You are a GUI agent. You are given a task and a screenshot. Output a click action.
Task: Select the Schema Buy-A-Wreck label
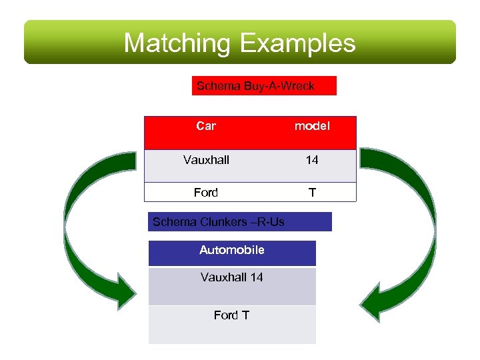[264, 86]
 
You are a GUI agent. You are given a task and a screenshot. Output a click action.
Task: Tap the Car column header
[206, 126]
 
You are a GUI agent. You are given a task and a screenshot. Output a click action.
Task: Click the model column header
[312, 126]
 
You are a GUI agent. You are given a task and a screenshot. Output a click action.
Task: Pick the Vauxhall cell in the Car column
[206, 160]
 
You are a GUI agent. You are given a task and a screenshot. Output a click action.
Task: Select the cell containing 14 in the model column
[312, 160]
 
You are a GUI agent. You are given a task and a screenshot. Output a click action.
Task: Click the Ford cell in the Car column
[206, 193]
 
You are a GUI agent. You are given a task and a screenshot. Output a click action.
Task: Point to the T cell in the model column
[312, 193]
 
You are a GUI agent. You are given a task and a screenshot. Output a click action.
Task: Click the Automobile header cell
[232, 251]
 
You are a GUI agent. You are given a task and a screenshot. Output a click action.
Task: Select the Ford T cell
[232, 315]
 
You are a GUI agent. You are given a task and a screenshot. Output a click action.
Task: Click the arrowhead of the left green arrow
[123, 293]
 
